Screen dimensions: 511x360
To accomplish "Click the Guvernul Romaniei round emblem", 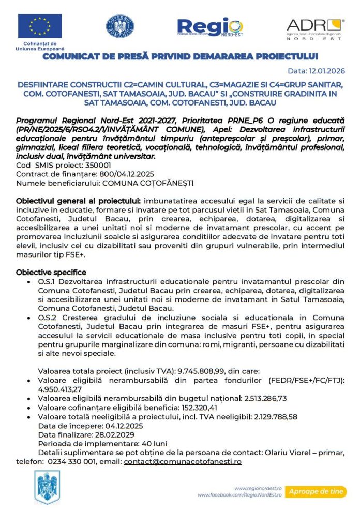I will pyautogui.click(x=120, y=26).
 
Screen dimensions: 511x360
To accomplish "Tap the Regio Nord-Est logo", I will pyautogui.click(x=209, y=27).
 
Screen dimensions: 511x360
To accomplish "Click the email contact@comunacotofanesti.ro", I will pyautogui.click(x=183, y=461).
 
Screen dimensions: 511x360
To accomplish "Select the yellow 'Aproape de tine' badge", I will pyautogui.click(x=316, y=491).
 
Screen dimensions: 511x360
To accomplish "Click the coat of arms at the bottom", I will pyautogui.click(x=47, y=487).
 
